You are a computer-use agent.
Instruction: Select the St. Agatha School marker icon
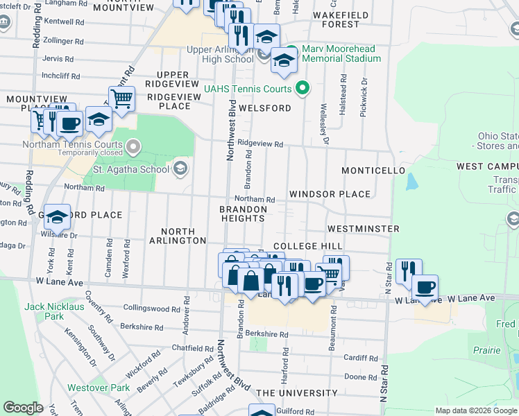click(180, 168)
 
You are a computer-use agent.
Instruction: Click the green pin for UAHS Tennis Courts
click(302, 87)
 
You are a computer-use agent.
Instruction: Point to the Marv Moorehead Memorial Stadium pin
click(291, 50)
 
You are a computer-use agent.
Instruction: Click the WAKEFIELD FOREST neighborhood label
click(336, 19)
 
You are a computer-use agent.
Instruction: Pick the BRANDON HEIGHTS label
click(243, 214)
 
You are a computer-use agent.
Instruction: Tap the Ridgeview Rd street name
click(260, 144)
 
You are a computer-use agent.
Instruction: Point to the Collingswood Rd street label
click(151, 307)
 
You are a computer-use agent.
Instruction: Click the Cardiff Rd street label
click(361, 358)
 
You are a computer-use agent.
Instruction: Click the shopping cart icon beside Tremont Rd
click(122, 98)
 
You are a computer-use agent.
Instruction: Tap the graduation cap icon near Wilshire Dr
click(57, 216)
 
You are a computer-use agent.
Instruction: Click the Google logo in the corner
click(23, 408)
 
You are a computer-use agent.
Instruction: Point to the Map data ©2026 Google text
click(475, 410)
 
